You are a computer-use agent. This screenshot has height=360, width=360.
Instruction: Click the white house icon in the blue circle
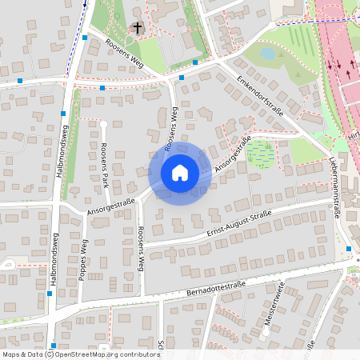tap(179, 173)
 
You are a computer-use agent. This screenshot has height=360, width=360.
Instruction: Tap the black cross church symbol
tap(138, 29)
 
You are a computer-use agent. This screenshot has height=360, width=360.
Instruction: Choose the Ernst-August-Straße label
tap(239, 225)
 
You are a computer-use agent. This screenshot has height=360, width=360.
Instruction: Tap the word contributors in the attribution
tap(138, 354)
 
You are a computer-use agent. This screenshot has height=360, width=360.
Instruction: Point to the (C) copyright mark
tap(49, 354)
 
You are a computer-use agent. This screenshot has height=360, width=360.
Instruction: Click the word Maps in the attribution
tap(11, 354)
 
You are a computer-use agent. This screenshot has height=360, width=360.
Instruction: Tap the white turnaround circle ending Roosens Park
tap(103, 124)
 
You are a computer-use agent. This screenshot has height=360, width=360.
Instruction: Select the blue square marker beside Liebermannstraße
tap(349, 249)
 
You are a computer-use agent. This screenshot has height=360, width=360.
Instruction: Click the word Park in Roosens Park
tap(104, 176)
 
